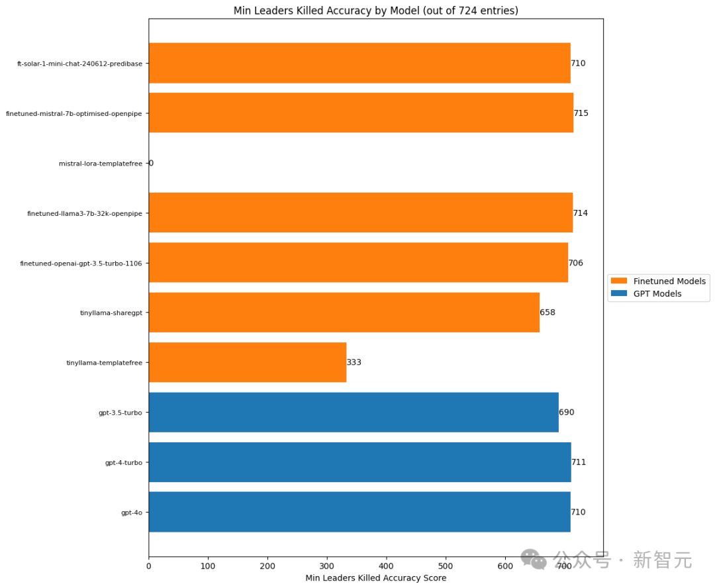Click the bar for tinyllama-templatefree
coord(248,362)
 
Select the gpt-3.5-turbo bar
coord(354,412)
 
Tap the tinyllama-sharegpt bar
coord(344,312)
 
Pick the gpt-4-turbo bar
coord(359,462)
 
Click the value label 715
coord(581,113)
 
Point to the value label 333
coord(354,362)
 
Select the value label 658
coord(548,312)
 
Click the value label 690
coord(567,412)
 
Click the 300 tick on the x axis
coord(327,566)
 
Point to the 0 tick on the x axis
coord(149,566)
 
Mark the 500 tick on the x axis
coord(446,566)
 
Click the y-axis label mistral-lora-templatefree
coord(100,164)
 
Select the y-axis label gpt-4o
coord(131,513)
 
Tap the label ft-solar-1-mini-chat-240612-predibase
coord(79,64)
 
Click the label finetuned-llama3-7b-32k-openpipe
coord(84,214)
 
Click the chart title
coord(375,11)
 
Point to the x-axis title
coord(375,578)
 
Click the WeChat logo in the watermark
coord(534,560)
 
